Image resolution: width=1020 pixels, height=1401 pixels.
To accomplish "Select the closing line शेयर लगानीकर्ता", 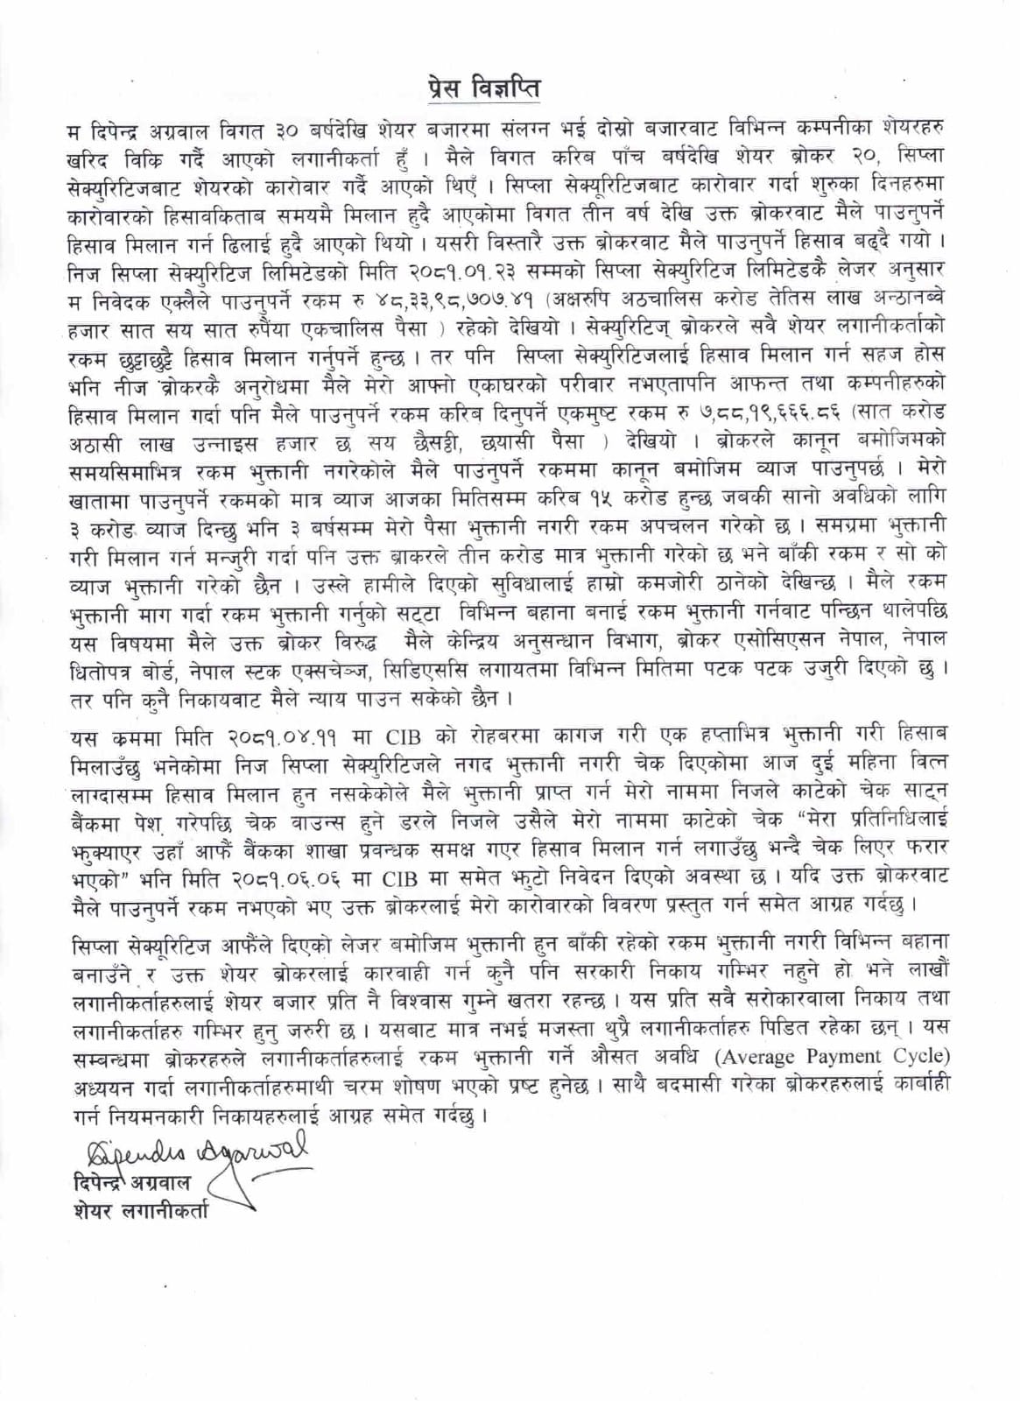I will tap(140, 1212).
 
